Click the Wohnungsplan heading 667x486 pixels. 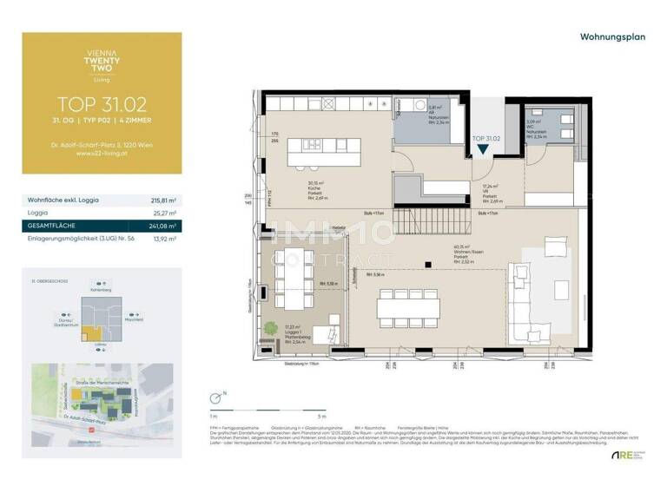click(x=611, y=37)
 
